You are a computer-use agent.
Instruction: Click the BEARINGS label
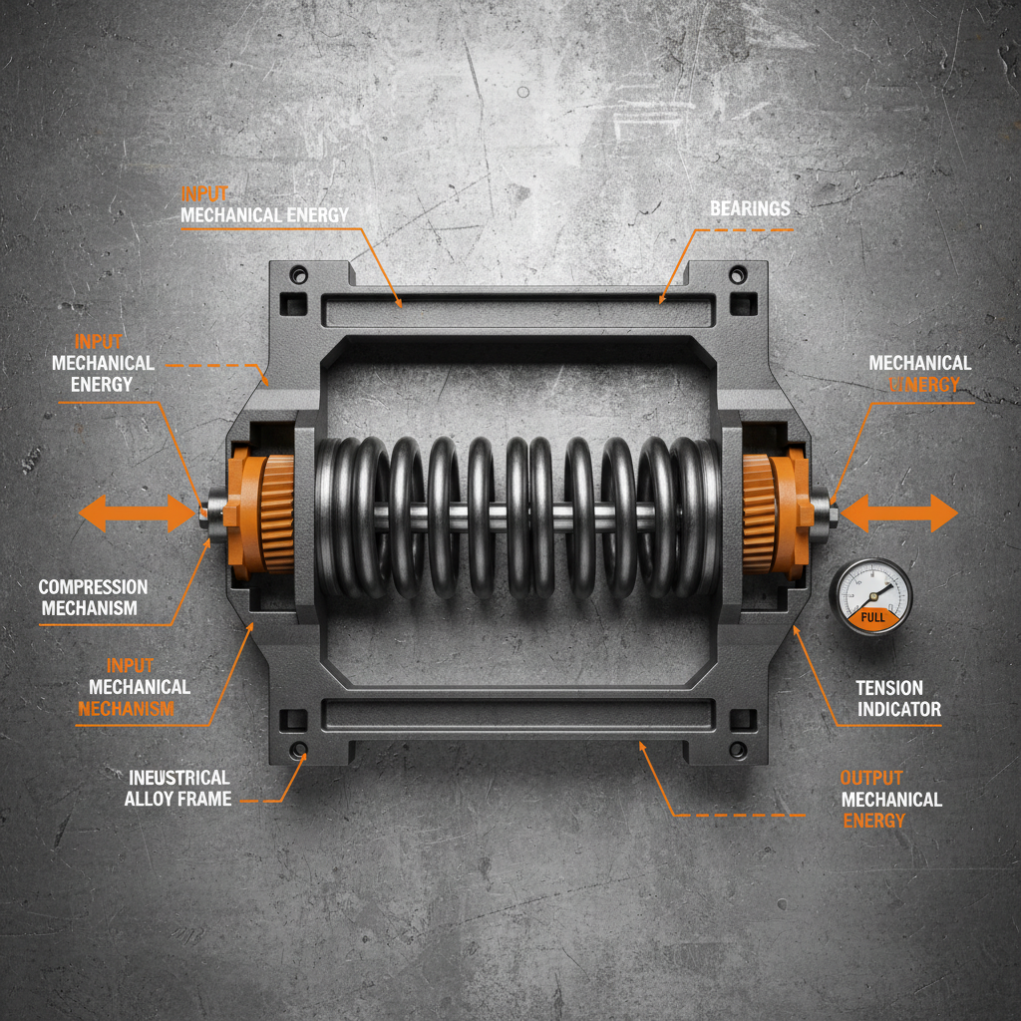pyautogui.click(x=750, y=208)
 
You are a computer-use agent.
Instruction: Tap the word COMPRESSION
pyautogui.click(x=93, y=587)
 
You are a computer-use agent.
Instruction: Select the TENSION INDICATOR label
pyautogui.click(x=898, y=698)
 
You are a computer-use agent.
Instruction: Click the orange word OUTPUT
pyautogui.click(x=870, y=778)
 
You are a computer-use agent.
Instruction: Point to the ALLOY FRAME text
pyautogui.click(x=177, y=799)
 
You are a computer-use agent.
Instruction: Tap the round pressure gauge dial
pyautogui.click(x=870, y=596)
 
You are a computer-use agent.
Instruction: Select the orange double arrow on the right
pyautogui.click(x=899, y=513)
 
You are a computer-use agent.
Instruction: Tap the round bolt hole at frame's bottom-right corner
pyautogui.click(x=738, y=749)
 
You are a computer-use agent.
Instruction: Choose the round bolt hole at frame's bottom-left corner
pyautogui.click(x=297, y=749)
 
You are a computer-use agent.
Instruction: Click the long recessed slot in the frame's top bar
pyautogui.click(x=518, y=311)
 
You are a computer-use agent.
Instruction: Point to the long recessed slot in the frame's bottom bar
pyautogui.click(x=518, y=714)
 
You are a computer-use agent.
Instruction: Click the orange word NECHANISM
pyautogui.click(x=126, y=709)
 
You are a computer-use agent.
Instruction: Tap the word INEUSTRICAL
pyautogui.click(x=178, y=777)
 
